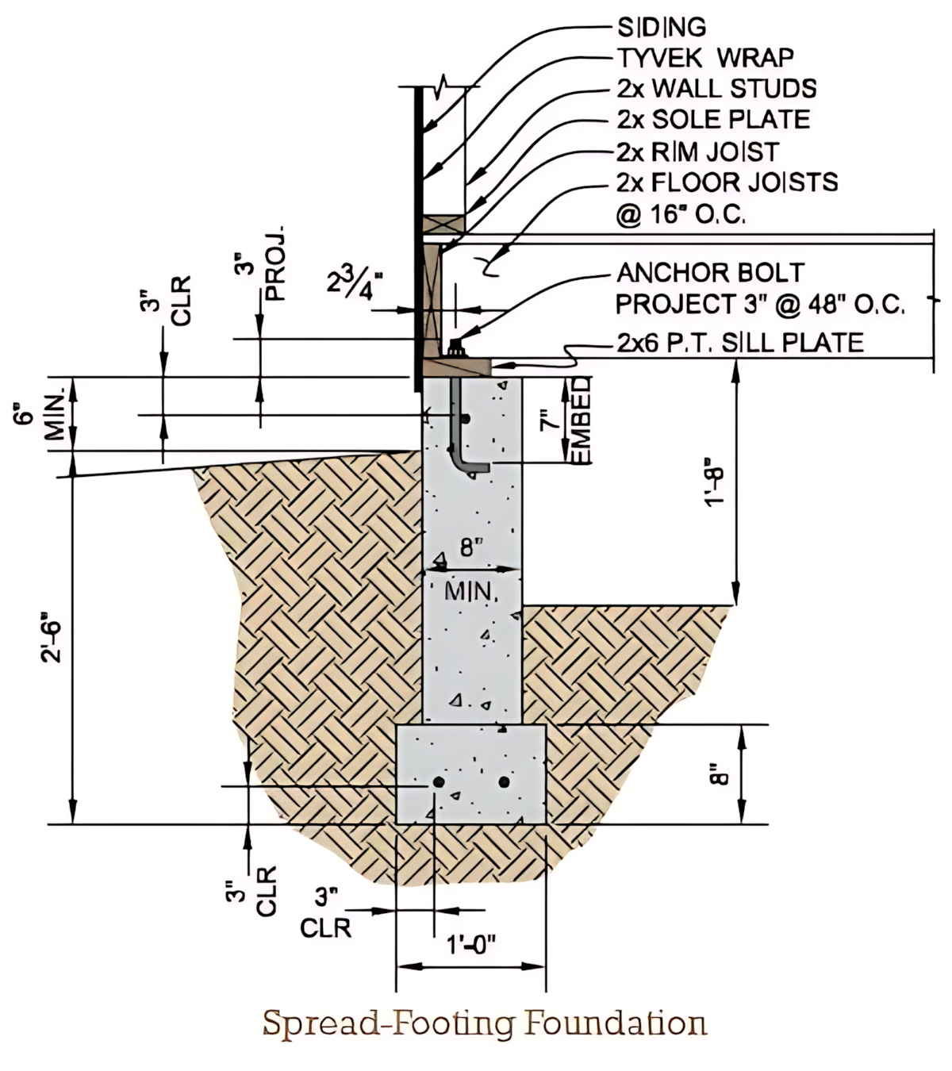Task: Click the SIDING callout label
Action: point(661,27)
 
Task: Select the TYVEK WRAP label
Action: point(704,57)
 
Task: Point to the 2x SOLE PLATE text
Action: point(712,119)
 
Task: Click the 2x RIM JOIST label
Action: point(697,151)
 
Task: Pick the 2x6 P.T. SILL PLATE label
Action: point(739,342)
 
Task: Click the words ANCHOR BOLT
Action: point(710,273)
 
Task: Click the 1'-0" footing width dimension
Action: point(470,945)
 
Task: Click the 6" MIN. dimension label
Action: point(39,418)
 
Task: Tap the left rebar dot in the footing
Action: point(438,782)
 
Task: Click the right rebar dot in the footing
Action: point(504,782)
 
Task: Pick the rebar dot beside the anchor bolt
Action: point(466,418)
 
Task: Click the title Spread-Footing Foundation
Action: point(484,1023)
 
